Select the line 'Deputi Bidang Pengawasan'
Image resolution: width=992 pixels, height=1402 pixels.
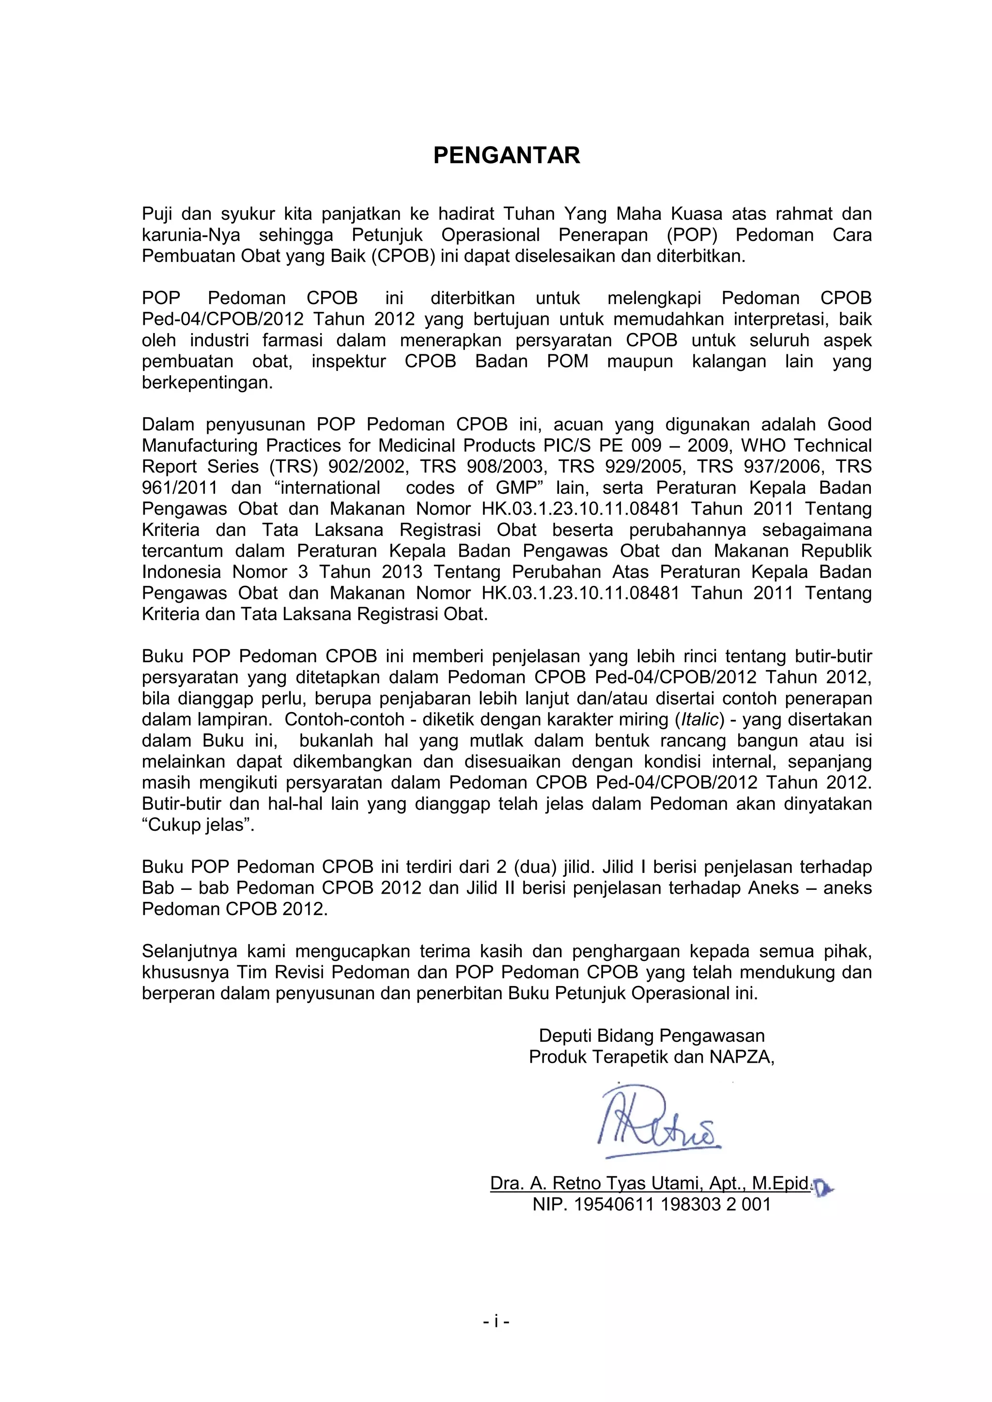click(651, 1036)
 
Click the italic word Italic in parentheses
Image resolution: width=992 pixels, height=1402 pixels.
click(699, 719)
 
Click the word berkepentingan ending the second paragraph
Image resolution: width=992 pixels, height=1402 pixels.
click(206, 382)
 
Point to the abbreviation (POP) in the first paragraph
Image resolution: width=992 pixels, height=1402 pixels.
click(692, 235)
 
